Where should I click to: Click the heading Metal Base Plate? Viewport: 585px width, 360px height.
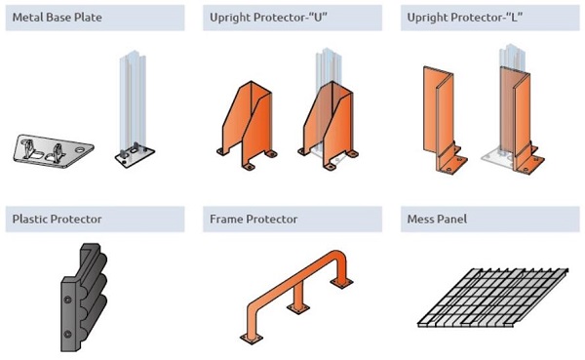tap(57, 18)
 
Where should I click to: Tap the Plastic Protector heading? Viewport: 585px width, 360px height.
tap(56, 219)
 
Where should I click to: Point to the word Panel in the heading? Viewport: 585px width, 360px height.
tap(451, 219)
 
